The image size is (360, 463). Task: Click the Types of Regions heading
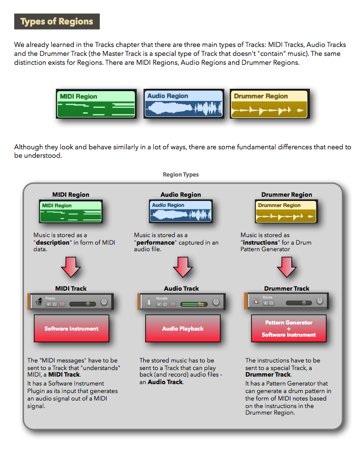click(57, 22)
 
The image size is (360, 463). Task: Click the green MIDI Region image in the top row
click(96, 104)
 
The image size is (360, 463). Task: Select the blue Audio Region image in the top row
click(184, 103)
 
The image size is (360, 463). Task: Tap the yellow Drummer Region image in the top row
click(269, 104)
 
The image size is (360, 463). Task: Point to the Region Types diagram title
click(180, 175)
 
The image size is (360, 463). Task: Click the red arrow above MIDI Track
click(71, 268)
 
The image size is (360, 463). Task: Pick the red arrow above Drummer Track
click(287, 268)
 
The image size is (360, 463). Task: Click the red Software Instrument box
click(71, 329)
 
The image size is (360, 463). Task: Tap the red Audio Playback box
click(183, 329)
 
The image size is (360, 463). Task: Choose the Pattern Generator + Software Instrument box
click(289, 329)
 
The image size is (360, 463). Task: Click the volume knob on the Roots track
click(320, 301)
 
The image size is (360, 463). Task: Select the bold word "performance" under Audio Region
click(156, 243)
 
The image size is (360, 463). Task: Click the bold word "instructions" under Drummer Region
click(260, 243)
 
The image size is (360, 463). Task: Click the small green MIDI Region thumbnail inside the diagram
click(70, 211)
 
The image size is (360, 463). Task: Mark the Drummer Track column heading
click(287, 289)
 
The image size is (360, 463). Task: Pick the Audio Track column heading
click(181, 289)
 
